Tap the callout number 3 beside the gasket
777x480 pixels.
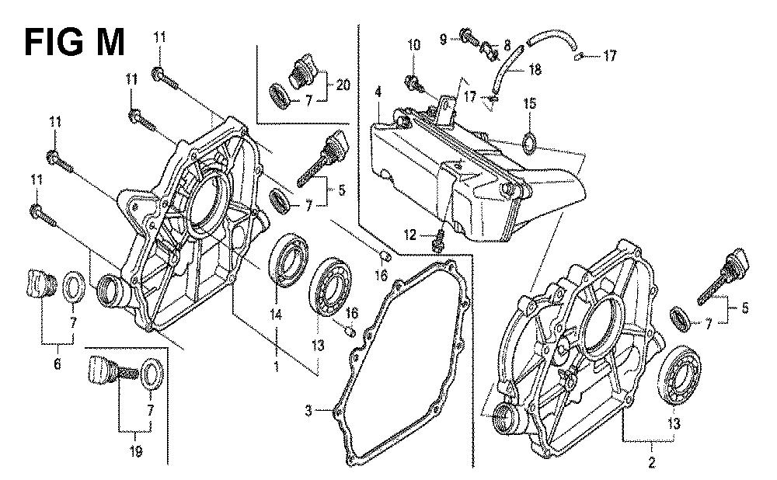308,410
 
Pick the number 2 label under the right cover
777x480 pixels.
651,464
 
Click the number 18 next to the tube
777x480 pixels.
535,70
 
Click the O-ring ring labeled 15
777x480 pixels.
528,142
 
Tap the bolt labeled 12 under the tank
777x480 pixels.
439,239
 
